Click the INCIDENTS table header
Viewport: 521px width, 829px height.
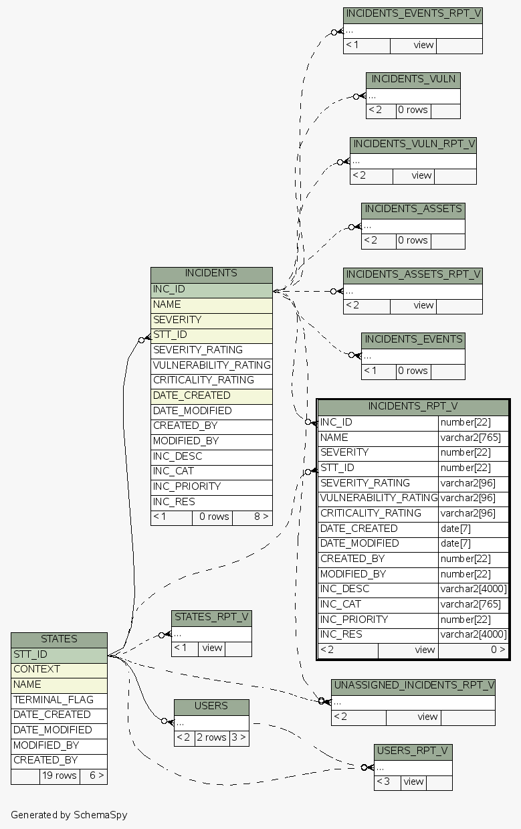(211, 273)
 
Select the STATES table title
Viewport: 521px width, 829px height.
(59, 639)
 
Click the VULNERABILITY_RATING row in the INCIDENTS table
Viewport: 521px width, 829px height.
(211, 365)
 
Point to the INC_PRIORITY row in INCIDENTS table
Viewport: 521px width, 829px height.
(211, 486)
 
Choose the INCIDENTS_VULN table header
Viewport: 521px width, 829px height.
(413, 79)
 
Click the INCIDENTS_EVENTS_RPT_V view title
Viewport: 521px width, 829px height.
(413, 14)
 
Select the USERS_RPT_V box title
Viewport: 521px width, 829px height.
(413, 751)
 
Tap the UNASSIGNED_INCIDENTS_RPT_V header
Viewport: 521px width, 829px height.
(413, 686)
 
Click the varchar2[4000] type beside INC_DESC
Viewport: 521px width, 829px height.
(474, 589)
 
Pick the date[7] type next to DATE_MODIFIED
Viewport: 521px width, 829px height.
(474, 543)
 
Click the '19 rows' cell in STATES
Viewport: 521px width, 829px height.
(59, 776)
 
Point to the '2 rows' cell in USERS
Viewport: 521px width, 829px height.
(211, 737)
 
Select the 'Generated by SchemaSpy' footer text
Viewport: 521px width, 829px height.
(69, 815)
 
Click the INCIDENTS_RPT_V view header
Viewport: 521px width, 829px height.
(413, 407)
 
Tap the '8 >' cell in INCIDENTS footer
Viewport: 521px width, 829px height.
(252, 517)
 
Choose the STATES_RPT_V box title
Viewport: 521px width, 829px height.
(211, 617)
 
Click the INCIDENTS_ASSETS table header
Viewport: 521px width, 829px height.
(413, 209)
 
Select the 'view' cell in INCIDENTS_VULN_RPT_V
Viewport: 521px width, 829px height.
(421, 175)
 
